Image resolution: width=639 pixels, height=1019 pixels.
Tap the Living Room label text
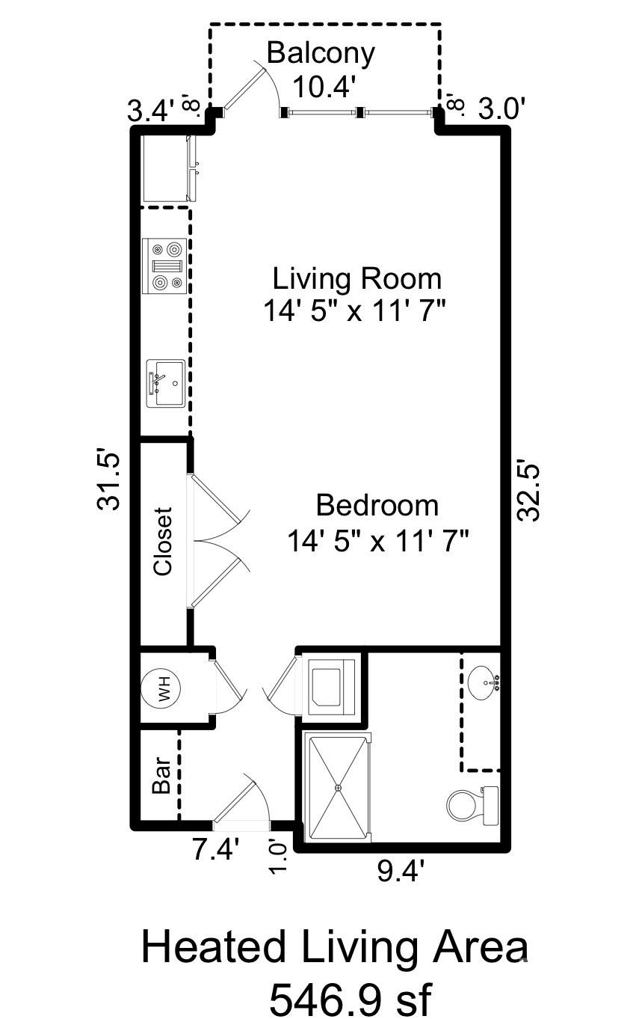(356, 279)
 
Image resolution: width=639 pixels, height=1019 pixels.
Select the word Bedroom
(377, 505)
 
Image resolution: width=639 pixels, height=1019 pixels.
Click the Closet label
(163, 542)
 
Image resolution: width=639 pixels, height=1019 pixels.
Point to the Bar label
(162, 775)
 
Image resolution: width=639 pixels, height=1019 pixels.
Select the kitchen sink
(166, 384)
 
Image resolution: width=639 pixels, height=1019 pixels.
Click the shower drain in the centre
(338, 788)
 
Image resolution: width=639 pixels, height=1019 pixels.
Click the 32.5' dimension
(529, 492)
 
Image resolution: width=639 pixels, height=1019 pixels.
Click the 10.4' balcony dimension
(324, 87)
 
